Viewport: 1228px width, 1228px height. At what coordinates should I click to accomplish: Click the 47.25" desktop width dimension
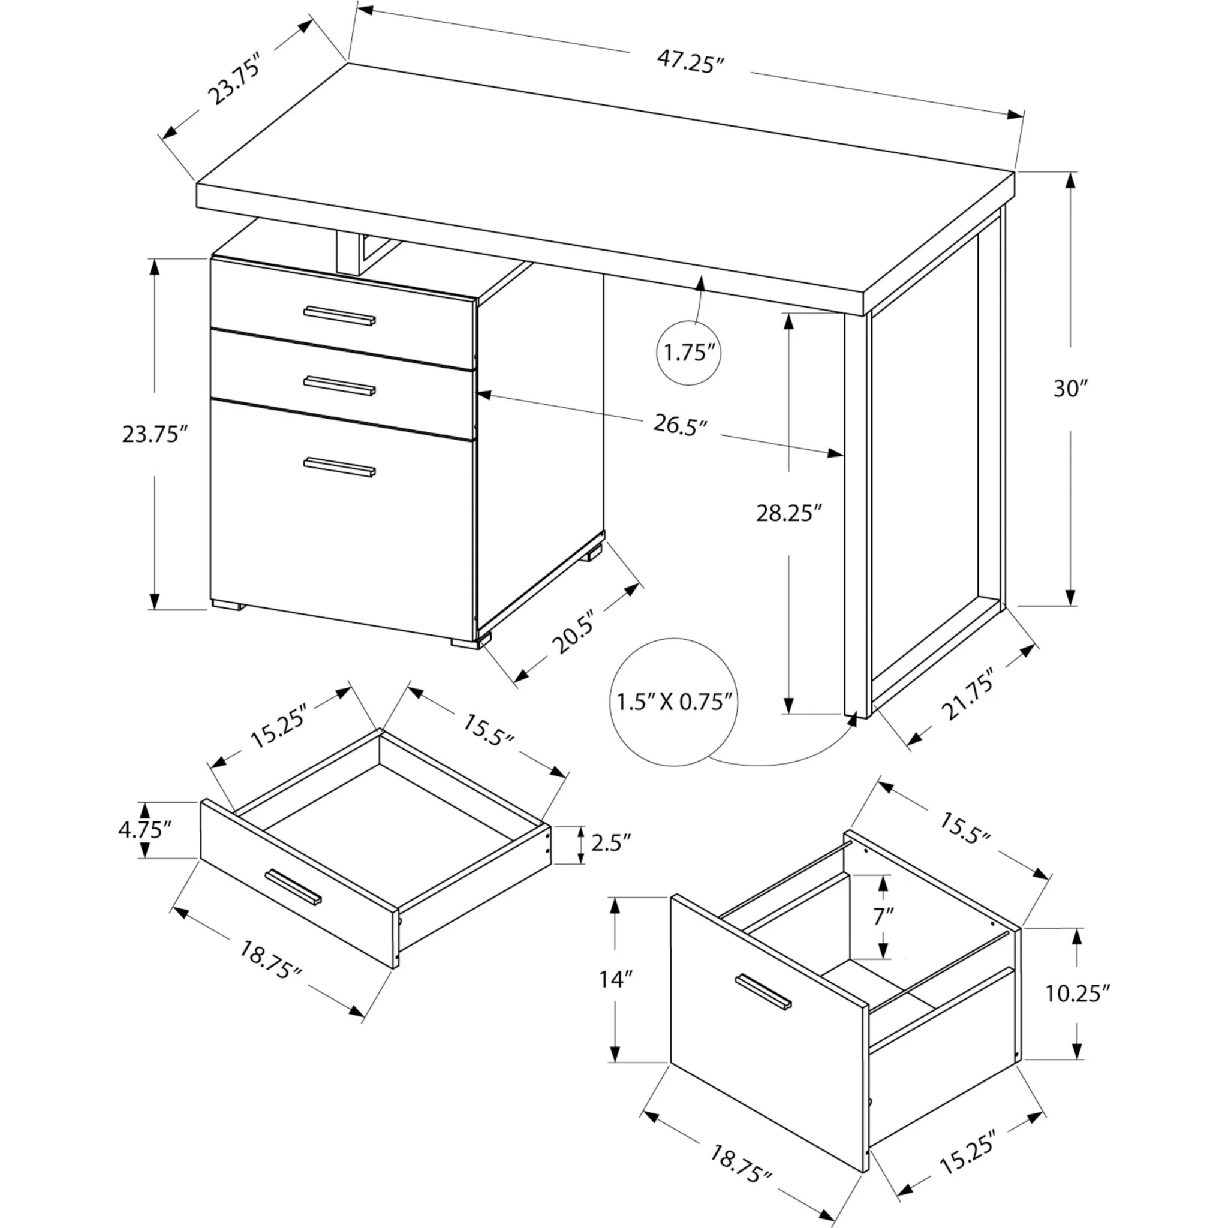pyautogui.click(x=690, y=62)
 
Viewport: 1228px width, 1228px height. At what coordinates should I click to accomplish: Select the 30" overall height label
pyautogui.click(x=1071, y=389)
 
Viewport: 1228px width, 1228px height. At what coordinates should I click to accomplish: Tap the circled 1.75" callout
pyautogui.click(x=689, y=351)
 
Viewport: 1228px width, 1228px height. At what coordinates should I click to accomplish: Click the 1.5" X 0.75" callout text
pyautogui.click(x=675, y=702)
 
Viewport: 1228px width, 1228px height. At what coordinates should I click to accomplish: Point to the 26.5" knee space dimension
pyautogui.click(x=679, y=425)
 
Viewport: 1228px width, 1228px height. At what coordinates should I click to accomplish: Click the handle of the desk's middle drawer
pyautogui.click(x=339, y=385)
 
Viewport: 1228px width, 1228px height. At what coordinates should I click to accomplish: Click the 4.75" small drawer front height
pyautogui.click(x=145, y=830)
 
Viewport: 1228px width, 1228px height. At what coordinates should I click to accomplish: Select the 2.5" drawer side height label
pyautogui.click(x=610, y=843)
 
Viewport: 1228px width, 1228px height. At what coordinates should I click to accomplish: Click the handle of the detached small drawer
pyautogui.click(x=294, y=886)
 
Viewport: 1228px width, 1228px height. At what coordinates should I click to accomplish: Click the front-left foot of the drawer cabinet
pyautogui.click(x=227, y=605)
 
